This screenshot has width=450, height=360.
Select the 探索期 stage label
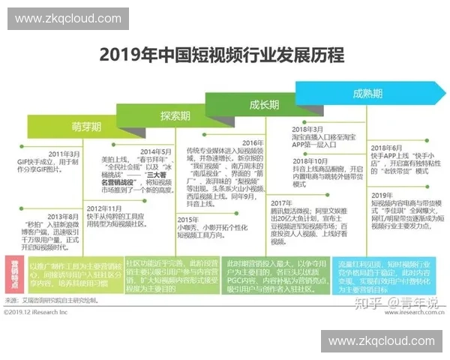175,115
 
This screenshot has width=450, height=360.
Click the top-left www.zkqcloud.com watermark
67,18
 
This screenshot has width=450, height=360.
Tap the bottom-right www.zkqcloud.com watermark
382,341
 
